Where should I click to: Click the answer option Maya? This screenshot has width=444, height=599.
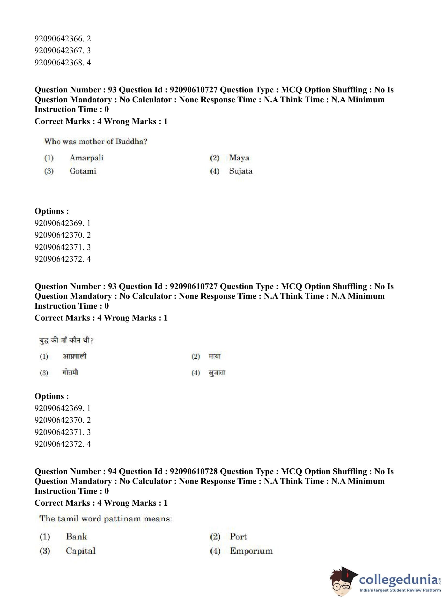pyautogui.click(x=239, y=158)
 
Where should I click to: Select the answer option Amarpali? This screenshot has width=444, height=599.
pyautogui.click(x=86, y=158)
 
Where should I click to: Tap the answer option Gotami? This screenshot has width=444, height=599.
pyautogui.click(x=82, y=171)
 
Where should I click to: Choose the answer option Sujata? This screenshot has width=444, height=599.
pyautogui.click(x=241, y=171)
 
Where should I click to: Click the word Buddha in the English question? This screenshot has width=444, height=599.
pyautogui.click(x=131, y=142)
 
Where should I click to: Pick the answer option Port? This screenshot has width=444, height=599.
pyautogui.click(x=238, y=536)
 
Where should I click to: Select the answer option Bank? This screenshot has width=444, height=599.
pyautogui.click(x=76, y=536)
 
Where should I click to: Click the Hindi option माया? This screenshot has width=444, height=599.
pyautogui.click(x=215, y=357)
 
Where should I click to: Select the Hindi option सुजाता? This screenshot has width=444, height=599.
pyautogui.click(x=217, y=373)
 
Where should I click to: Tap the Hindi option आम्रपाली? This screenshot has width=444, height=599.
pyautogui.click(x=74, y=357)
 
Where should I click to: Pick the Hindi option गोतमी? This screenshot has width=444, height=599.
pyautogui.click(x=70, y=373)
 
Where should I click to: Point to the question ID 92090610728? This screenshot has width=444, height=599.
pyautogui.click(x=193, y=472)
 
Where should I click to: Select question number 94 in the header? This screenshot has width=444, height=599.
pyautogui.click(x=112, y=472)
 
